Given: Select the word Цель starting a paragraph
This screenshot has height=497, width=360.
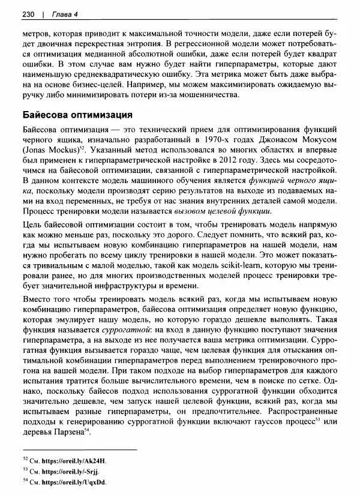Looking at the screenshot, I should (31, 227).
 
